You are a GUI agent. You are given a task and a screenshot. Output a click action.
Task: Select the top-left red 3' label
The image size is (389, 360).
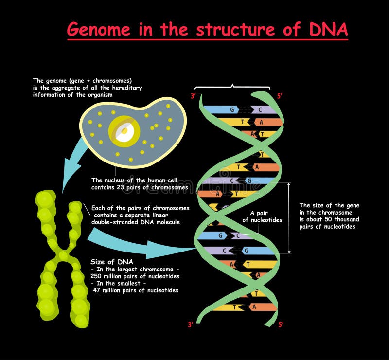[x=194, y=96]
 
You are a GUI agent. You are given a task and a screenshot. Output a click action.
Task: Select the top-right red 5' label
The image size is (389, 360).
[x=280, y=96]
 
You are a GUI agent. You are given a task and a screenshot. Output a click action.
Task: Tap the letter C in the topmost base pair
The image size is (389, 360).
[x=260, y=109]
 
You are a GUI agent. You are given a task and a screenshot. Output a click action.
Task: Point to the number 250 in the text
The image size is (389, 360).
[x=98, y=276]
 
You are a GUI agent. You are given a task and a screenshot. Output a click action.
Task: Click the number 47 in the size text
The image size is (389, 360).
[x=98, y=290]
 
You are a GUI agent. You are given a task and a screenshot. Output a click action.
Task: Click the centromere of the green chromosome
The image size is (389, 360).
[x=63, y=255]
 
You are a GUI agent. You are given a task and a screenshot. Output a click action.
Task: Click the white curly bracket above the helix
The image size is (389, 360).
[x=233, y=87]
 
